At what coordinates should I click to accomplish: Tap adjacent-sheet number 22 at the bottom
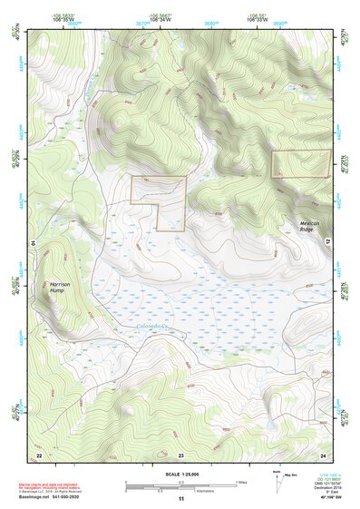coord(38,455)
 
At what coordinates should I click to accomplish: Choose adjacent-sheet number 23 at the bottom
coord(180,455)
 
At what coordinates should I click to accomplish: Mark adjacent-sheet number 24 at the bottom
coord(324,455)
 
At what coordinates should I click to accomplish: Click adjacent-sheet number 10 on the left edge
coord(34,243)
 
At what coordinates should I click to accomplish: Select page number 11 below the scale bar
coord(180,500)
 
